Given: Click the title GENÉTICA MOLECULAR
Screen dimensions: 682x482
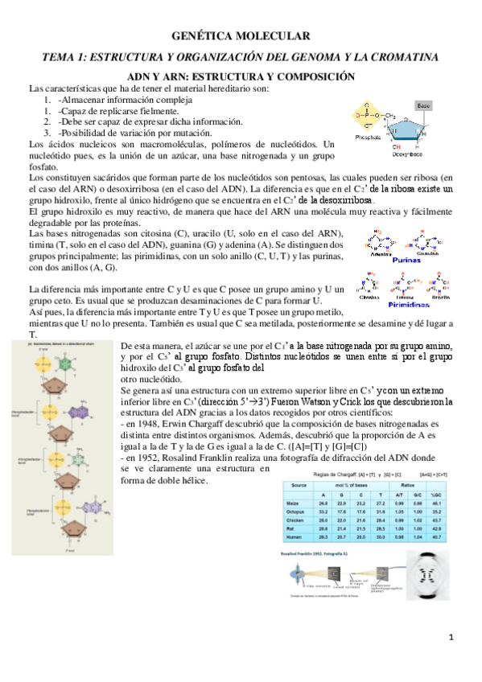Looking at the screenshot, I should point(241,36).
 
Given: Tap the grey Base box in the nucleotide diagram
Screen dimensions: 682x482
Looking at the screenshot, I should point(424,105).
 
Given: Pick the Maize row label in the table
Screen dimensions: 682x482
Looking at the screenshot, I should point(295,503).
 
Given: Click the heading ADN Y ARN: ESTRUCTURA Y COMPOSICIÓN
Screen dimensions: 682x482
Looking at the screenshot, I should point(241,76).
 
